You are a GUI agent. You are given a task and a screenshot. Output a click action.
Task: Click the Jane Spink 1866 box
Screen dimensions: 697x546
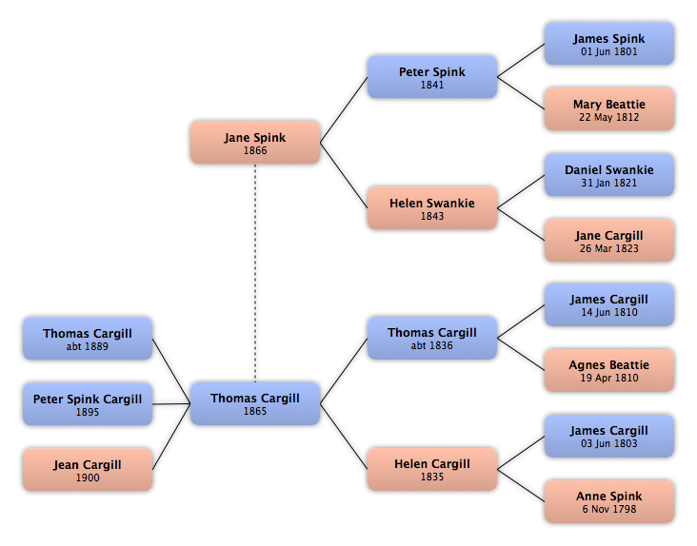[x=255, y=143]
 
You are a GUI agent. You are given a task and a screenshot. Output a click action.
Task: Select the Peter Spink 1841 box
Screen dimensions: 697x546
[x=432, y=77]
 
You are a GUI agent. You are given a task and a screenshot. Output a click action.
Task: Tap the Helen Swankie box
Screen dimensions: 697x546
[x=432, y=208]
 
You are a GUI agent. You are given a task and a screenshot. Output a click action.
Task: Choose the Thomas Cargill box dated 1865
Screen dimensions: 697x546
[x=255, y=403]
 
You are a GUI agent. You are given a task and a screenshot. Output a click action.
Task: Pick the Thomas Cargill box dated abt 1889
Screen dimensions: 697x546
[x=88, y=339]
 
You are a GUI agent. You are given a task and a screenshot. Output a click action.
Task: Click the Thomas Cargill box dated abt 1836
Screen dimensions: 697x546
[x=432, y=338]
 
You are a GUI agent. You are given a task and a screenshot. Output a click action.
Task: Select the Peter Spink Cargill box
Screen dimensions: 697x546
[x=88, y=404]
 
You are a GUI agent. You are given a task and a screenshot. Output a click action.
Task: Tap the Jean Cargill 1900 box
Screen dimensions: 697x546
[x=88, y=470]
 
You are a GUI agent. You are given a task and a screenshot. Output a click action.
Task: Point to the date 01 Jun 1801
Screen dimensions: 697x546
[x=609, y=52]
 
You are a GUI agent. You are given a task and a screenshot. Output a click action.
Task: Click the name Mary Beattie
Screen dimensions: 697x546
[x=609, y=105]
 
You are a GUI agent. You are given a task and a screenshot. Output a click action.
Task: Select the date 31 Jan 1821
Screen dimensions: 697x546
[x=609, y=183]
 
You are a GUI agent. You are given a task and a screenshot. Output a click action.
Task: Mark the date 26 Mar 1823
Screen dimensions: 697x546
[x=609, y=248]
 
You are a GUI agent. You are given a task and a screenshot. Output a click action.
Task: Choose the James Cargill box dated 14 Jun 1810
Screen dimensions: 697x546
[x=609, y=305]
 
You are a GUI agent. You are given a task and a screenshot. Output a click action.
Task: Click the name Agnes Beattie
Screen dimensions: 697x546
[x=609, y=365]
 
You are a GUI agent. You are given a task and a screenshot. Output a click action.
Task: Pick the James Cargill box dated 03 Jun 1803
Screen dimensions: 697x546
[x=609, y=437]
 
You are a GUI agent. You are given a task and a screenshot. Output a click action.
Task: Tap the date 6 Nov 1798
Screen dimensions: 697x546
[x=609, y=509]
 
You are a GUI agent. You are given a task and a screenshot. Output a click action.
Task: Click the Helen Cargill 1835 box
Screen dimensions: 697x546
[x=432, y=469]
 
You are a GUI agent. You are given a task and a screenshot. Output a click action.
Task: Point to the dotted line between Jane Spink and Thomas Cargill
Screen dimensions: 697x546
[x=255, y=273]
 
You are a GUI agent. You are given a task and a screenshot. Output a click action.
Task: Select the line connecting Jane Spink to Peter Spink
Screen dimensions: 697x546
[x=344, y=109]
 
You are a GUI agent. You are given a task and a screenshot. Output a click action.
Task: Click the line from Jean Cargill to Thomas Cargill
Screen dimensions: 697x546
[x=171, y=437]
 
